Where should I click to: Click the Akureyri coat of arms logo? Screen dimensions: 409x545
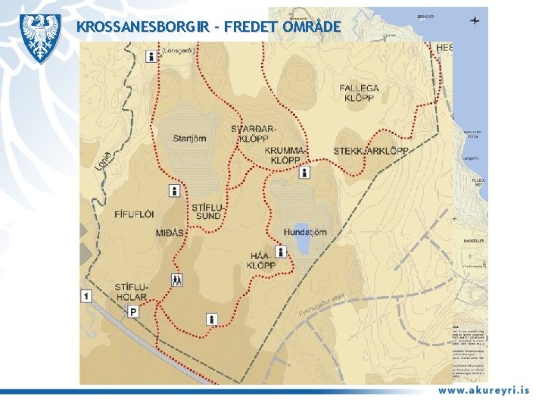[40, 37]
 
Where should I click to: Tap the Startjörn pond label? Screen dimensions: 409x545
[189, 138]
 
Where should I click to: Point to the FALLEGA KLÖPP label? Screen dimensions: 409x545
[359, 93]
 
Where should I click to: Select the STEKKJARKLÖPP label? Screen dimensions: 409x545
[370, 151]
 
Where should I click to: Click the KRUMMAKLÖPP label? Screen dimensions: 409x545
[287, 156]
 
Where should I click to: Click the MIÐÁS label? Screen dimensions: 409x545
[170, 233]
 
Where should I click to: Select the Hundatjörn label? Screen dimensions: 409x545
[305, 232]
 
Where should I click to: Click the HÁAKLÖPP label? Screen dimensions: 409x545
[261, 261]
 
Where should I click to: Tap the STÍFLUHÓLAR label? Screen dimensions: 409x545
[132, 292]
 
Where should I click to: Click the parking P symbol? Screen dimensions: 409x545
[133, 311]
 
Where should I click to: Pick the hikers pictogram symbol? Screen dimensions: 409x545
[176, 279]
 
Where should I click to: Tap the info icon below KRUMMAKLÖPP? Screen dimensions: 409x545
[304, 173]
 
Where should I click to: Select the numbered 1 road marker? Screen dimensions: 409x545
[86, 296]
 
